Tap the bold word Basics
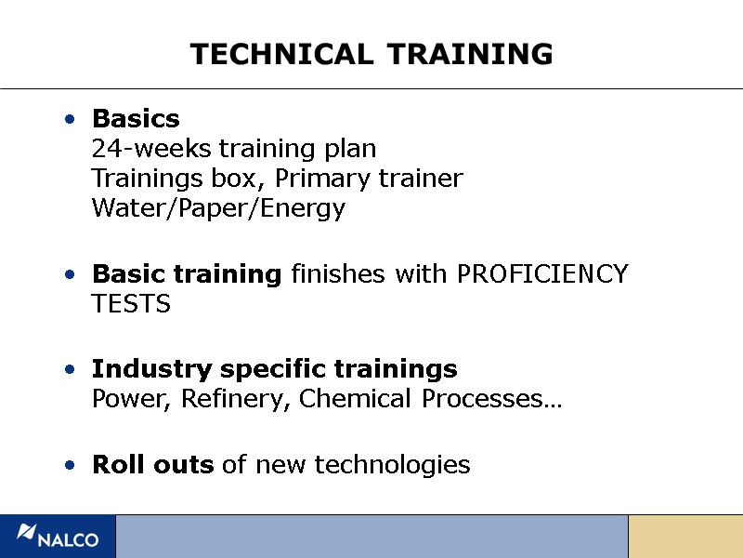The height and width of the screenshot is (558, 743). pos(136,119)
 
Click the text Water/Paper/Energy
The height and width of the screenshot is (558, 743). pos(218,208)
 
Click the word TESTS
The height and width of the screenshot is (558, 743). pos(131,304)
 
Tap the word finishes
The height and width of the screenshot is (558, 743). pos(338,274)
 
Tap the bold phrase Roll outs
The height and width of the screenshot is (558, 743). pos(152,464)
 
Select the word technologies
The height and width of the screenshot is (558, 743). pos(393,465)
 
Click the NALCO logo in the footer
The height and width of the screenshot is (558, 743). pos(58,537)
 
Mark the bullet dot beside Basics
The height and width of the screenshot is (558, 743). pos(71,120)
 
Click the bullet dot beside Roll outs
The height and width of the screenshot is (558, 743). pos(71,465)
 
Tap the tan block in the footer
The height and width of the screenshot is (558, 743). pos(685,537)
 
